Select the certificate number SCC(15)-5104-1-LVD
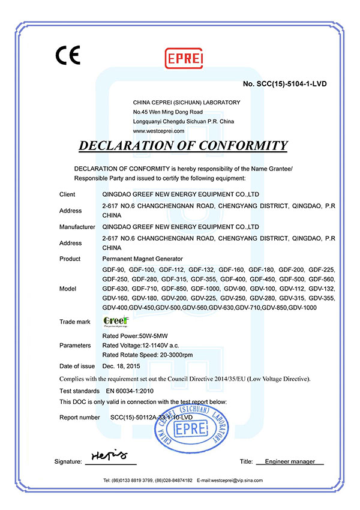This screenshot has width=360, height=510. [285, 83]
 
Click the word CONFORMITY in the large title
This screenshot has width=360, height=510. [238, 146]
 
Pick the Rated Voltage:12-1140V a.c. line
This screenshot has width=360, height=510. [140, 345]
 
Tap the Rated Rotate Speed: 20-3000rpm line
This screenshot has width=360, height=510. [148, 355]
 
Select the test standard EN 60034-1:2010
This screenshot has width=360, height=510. [127, 389]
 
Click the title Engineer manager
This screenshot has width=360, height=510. [290, 461]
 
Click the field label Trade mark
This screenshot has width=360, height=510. [75, 322]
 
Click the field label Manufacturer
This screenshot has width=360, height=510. [77, 227]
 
